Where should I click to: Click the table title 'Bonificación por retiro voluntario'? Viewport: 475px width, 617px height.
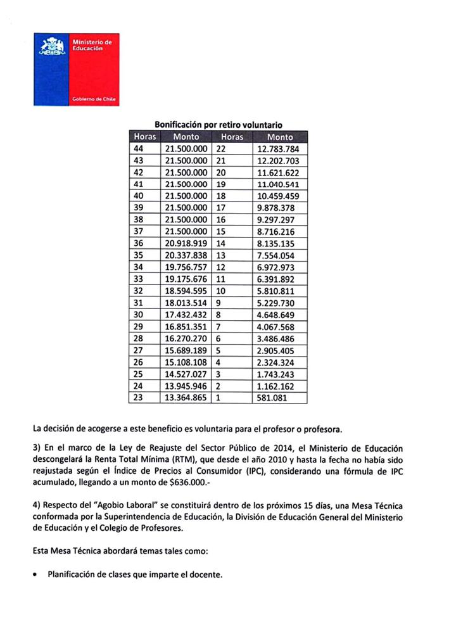click(218, 125)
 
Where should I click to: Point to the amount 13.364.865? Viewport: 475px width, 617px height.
click(186, 398)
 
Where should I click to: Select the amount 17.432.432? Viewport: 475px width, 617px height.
click(186, 315)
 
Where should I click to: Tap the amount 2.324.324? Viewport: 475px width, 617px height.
click(279, 362)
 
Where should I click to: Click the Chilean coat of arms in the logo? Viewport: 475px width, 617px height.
click(53, 48)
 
